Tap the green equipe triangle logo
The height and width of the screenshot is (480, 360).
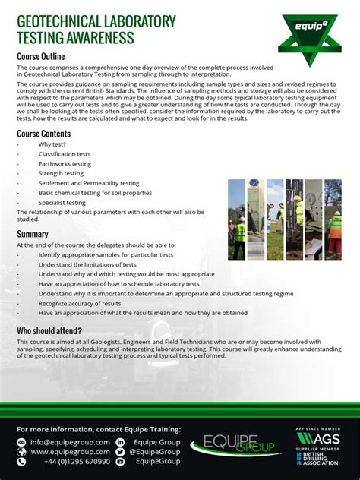tap(309, 36)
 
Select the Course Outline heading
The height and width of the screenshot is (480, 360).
tap(41, 57)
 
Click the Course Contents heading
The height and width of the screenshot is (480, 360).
tap(44, 134)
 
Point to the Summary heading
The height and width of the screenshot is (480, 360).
tap(33, 234)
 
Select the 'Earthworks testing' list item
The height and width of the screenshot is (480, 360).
tap(65, 164)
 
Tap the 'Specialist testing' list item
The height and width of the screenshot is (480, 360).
tap(62, 203)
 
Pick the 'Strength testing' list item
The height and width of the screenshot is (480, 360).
tap(61, 173)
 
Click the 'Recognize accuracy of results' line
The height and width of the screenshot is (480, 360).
tap(80, 303)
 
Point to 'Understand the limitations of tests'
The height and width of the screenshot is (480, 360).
tap(87, 264)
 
